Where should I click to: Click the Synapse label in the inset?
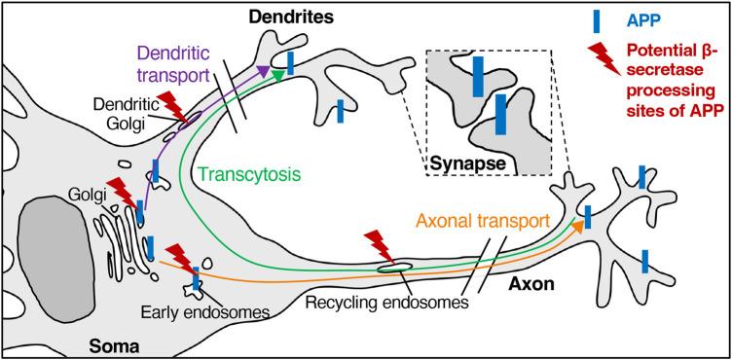pos(469,163)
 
